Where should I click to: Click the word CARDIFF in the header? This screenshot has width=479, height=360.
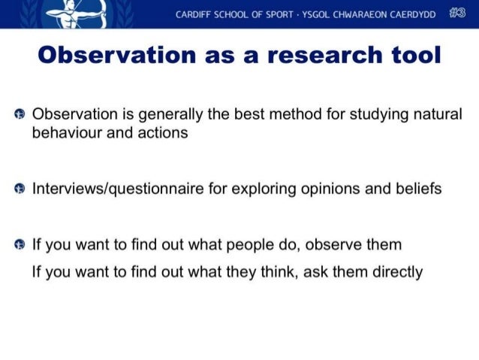[194, 14]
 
